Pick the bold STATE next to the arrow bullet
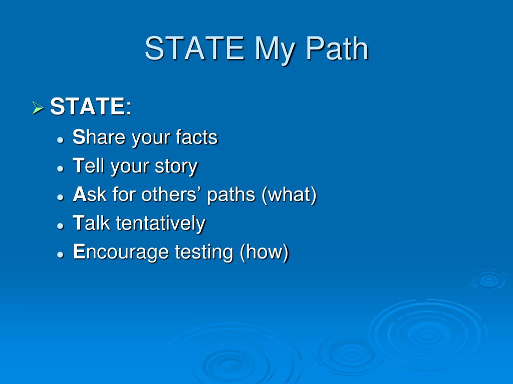click(x=87, y=107)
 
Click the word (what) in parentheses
click(x=289, y=195)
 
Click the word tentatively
click(x=160, y=223)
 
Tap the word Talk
click(x=92, y=223)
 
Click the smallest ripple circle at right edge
click(x=488, y=280)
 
